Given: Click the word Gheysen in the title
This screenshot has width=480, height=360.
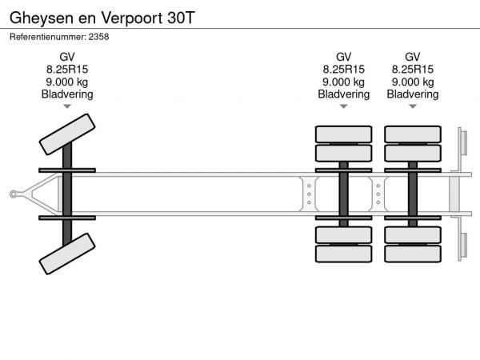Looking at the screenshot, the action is (x=42, y=18).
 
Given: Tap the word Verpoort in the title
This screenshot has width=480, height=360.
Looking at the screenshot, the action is (x=132, y=18).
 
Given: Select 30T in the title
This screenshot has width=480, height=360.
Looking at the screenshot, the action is (x=181, y=18).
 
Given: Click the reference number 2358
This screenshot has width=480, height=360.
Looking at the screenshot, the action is (x=98, y=37).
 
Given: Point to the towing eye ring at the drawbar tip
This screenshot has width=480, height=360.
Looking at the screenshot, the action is (x=13, y=194).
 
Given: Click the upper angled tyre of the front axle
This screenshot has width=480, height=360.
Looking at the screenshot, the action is (x=67, y=134).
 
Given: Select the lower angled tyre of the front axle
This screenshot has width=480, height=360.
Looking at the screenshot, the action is (x=67, y=254).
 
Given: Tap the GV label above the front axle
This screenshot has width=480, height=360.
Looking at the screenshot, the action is (x=67, y=57).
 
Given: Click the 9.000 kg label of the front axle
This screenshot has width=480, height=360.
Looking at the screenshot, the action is (x=67, y=82).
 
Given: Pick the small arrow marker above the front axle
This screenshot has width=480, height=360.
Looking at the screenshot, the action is (x=67, y=106).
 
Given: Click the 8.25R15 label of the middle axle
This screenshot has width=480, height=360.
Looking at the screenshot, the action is (x=344, y=70).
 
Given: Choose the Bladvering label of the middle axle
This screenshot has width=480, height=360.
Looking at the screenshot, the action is (x=344, y=94).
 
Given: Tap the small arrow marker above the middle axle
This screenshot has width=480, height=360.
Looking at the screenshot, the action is (x=344, y=106).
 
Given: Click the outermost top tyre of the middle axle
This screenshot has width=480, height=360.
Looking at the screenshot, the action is (x=344, y=134).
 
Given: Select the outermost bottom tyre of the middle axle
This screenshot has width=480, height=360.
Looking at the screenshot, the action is (x=344, y=254).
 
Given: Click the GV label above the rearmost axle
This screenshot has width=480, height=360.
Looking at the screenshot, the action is (x=413, y=57).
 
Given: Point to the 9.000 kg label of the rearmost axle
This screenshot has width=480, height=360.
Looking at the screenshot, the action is (x=413, y=82).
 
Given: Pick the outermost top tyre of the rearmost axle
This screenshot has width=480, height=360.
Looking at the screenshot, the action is (x=413, y=134).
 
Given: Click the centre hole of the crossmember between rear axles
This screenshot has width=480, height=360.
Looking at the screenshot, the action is (x=378, y=194).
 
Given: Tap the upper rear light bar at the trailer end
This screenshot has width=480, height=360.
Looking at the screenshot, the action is (x=462, y=142).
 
